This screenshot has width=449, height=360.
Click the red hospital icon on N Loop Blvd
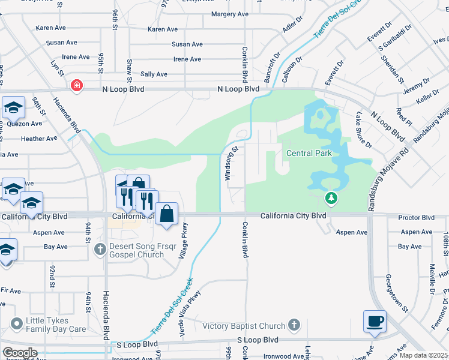(x=76, y=86)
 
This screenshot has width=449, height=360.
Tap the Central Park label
(x=309, y=153)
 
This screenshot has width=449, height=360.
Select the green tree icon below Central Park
(x=330, y=197)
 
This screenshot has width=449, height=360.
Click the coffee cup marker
(x=375, y=320)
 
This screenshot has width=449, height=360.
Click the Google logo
(x=20, y=353)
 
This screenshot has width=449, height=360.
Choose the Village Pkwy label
(x=184, y=241)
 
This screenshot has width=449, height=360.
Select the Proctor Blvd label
(x=419, y=217)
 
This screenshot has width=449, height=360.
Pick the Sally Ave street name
(x=154, y=74)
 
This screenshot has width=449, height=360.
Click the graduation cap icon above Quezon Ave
(x=14, y=108)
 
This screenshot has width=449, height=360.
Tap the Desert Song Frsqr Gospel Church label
(x=137, y=250)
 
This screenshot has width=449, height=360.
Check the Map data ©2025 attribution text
(x=424, y=355)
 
